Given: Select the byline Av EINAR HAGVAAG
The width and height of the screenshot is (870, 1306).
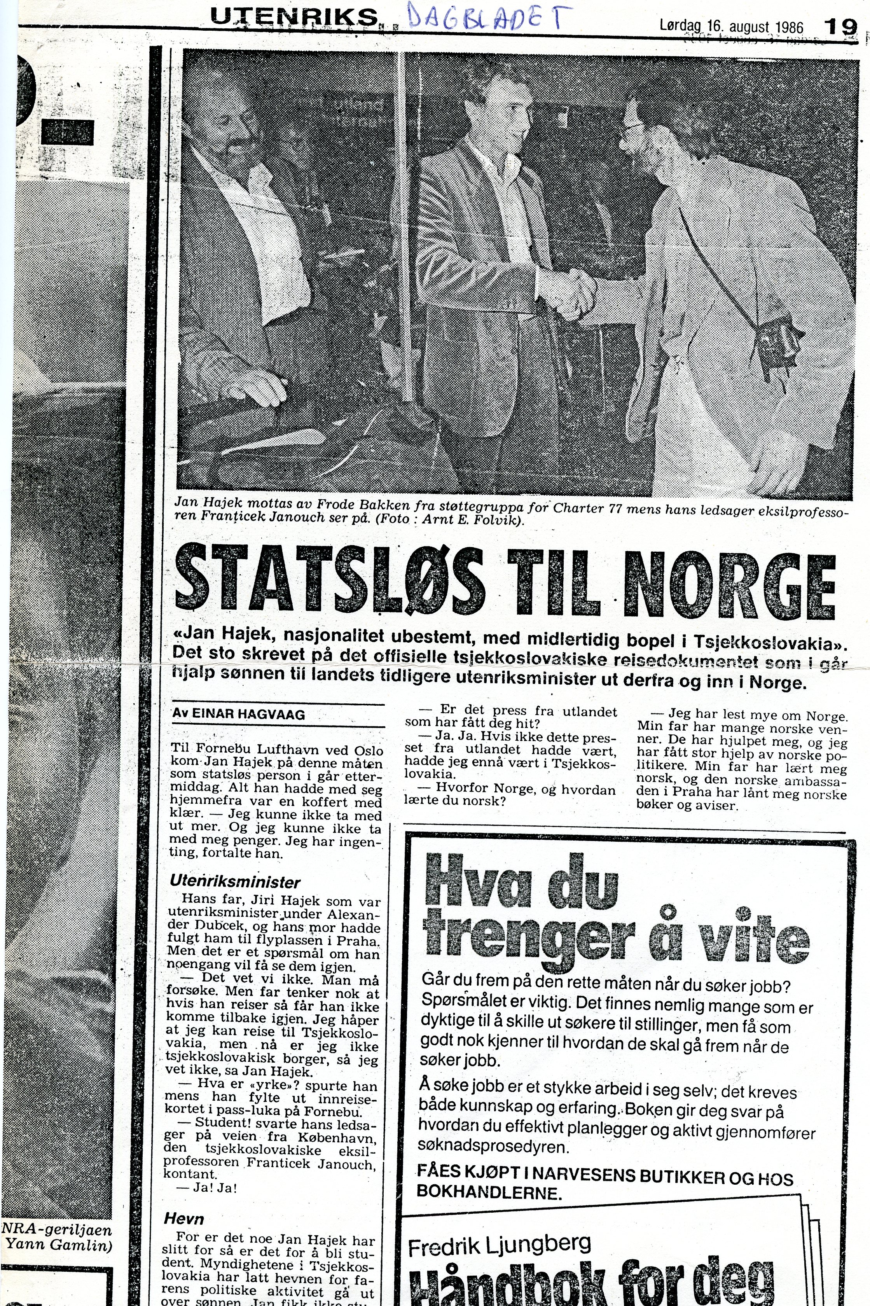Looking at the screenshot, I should pos(239,714).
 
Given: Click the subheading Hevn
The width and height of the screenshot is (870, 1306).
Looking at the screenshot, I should pos(184,1219).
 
